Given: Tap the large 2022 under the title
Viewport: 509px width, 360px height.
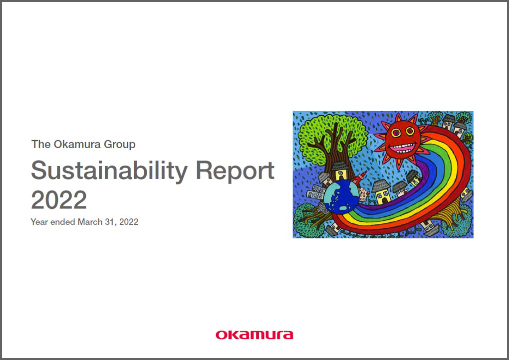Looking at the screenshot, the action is click(59, 200).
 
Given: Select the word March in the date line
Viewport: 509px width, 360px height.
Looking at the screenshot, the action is click(90, 222).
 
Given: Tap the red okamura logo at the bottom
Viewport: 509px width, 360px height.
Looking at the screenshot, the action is click(254, 335).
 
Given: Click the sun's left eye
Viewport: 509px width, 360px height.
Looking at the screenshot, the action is click(396, 132).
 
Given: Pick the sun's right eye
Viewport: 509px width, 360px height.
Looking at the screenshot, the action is click(410, 131).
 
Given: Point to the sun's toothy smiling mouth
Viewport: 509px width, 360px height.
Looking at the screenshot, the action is click(403, 148).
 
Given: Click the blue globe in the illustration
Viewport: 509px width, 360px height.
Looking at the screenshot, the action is click(341, 197).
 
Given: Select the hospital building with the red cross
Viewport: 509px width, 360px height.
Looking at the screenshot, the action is click(364, 193).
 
